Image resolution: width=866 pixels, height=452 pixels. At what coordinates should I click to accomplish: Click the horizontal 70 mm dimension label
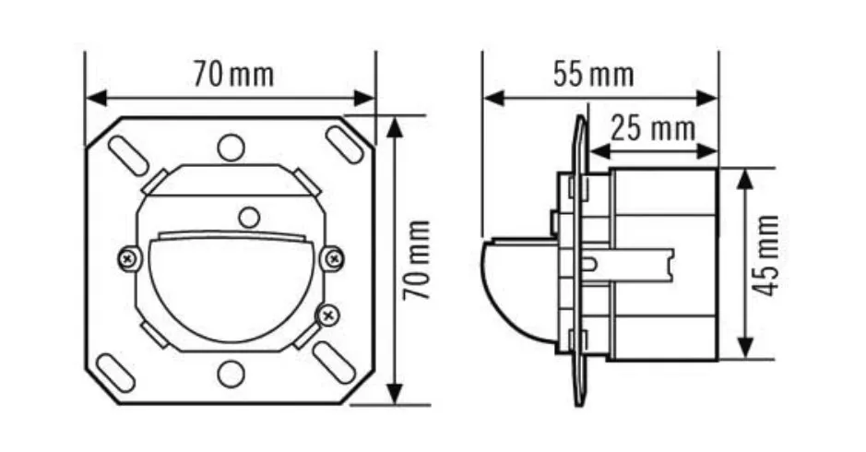[x=233, y=75]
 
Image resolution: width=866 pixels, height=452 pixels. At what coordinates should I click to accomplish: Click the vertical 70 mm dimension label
[x=417, y=260]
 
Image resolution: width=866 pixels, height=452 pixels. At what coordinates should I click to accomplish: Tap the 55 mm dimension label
[x=594, y=75]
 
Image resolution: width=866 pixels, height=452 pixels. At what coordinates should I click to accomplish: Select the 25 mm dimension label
[x=653, y=129]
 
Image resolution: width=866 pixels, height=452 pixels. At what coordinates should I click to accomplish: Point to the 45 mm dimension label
[x=766, y=256]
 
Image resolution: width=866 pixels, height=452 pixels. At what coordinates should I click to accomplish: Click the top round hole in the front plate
[x=231, y=148]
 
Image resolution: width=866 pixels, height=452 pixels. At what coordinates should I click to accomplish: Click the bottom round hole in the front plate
[x=231, y=374]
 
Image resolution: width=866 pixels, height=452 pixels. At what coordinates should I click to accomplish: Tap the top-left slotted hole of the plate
[x=128, y=154]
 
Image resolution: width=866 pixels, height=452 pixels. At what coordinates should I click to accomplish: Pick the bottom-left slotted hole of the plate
[x=116, y=374]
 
